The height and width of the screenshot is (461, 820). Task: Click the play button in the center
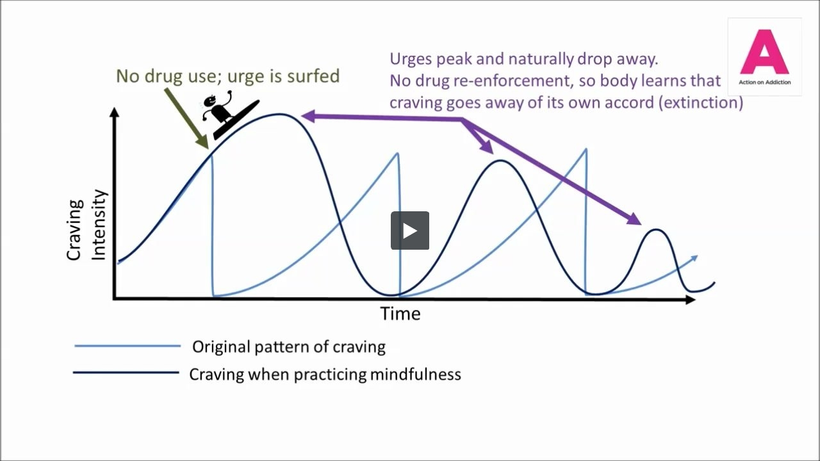point(409,230)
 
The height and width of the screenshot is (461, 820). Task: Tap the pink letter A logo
point(764,52)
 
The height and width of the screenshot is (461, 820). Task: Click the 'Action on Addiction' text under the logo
point(764,83)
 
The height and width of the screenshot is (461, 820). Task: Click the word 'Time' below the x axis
point(400,314)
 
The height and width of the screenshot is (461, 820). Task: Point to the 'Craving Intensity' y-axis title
point(86,225)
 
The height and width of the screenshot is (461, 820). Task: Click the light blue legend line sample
point(127,346)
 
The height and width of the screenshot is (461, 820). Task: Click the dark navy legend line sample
point(126,373)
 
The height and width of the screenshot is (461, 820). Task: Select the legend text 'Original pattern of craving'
point(289,347)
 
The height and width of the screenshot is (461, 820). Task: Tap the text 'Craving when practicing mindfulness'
point(325,375)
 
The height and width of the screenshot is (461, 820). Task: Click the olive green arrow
point(186,118)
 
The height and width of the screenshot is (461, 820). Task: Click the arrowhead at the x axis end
point(690,300)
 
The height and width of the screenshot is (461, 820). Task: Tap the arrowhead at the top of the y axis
point(115,112)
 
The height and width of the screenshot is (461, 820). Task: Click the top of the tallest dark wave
point(279,115)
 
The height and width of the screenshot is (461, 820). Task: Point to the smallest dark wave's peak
point(656,230)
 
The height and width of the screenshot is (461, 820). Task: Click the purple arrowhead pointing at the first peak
point(308,117)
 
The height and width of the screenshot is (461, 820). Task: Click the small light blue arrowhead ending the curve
point(694,258)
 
